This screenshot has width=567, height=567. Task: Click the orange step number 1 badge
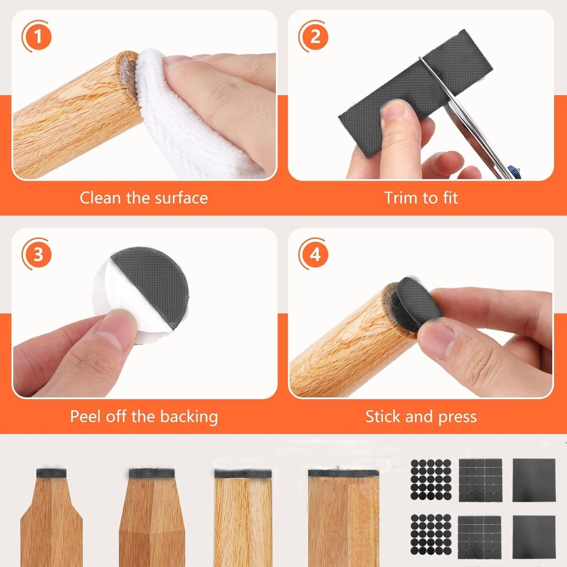pos(38,37)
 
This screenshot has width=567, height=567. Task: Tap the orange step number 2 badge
pos(314,37)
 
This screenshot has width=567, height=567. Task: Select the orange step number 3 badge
pos(38,254)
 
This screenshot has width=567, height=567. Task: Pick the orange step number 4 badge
pos(314,254)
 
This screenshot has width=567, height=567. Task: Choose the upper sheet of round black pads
pos(431,479)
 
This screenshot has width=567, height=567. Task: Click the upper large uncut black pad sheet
pos(533,479)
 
